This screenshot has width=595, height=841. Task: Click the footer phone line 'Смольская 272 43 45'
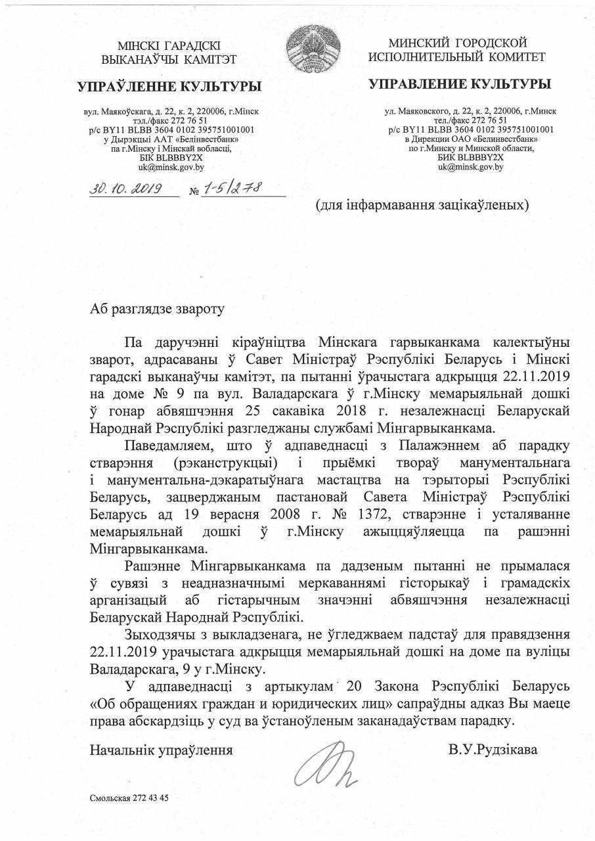[x=129, y=798]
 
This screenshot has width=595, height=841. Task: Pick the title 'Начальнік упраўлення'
[x=162, y=748]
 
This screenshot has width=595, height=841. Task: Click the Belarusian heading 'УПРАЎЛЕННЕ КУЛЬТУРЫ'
[x=169, y=86]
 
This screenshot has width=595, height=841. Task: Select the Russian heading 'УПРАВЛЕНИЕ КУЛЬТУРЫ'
[x=460, y=83]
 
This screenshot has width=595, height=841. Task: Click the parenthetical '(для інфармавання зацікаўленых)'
[x=423, y=205]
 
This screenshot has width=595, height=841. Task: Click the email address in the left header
[x=166, y=167]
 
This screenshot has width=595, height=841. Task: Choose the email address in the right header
[x=470, y=167]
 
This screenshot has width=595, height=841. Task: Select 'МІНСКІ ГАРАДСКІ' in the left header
[x=169, y=46]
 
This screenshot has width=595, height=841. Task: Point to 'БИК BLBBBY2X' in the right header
[x=470, y=158]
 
